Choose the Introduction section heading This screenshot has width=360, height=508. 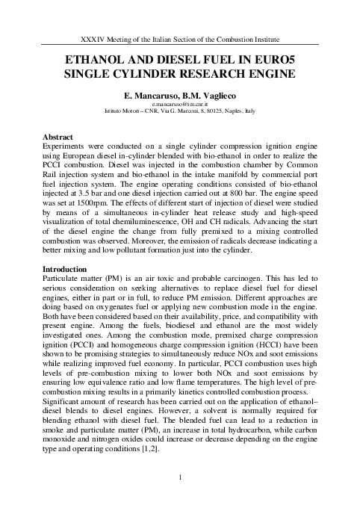click(65, 268)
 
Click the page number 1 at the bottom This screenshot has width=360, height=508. click(180, 477)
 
